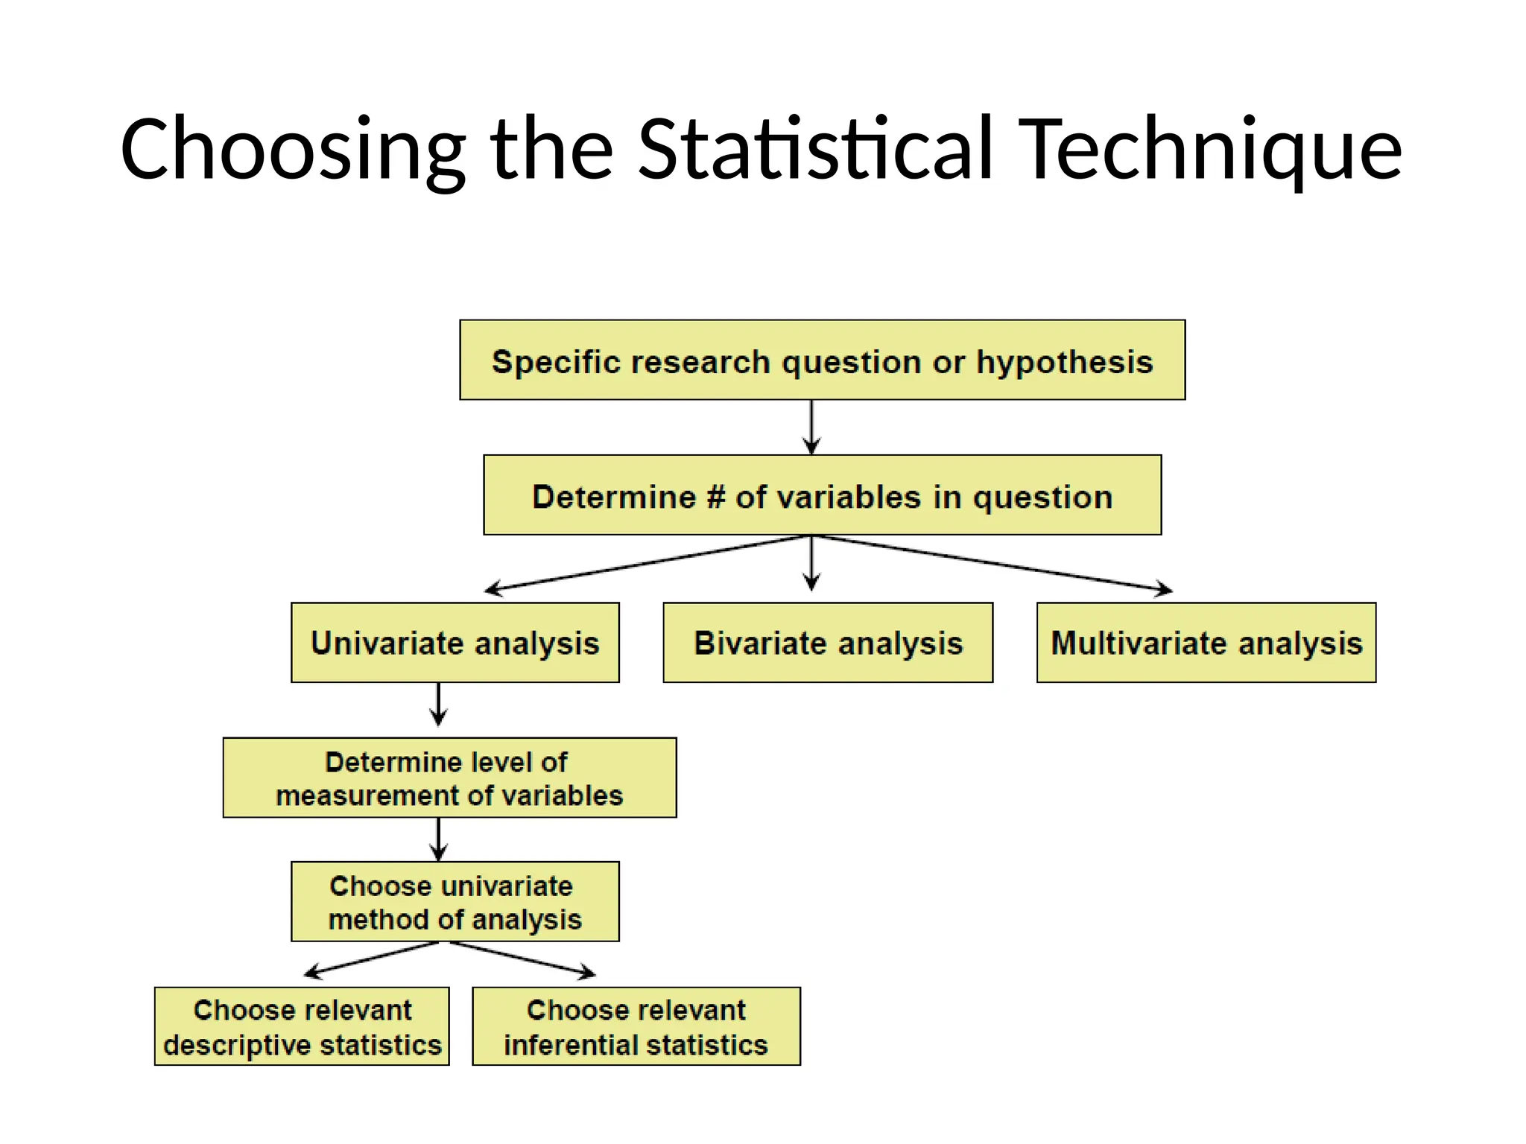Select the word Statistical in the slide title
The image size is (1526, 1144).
816,149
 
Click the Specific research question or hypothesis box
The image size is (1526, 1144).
822,360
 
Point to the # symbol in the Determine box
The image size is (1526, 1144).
715,497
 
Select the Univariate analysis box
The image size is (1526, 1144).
455,643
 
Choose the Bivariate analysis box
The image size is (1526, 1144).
828,643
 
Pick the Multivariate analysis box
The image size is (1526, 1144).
1206,643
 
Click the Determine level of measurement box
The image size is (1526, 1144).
449,778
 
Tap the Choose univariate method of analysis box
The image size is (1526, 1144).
455,902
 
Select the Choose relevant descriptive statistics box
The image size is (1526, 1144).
302,1026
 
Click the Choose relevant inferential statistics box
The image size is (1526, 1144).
636,1026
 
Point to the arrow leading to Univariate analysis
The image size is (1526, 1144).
641,563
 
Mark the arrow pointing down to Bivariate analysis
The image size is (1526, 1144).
811,565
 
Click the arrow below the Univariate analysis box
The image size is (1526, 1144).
438,704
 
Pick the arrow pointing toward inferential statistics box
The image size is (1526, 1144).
522,958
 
